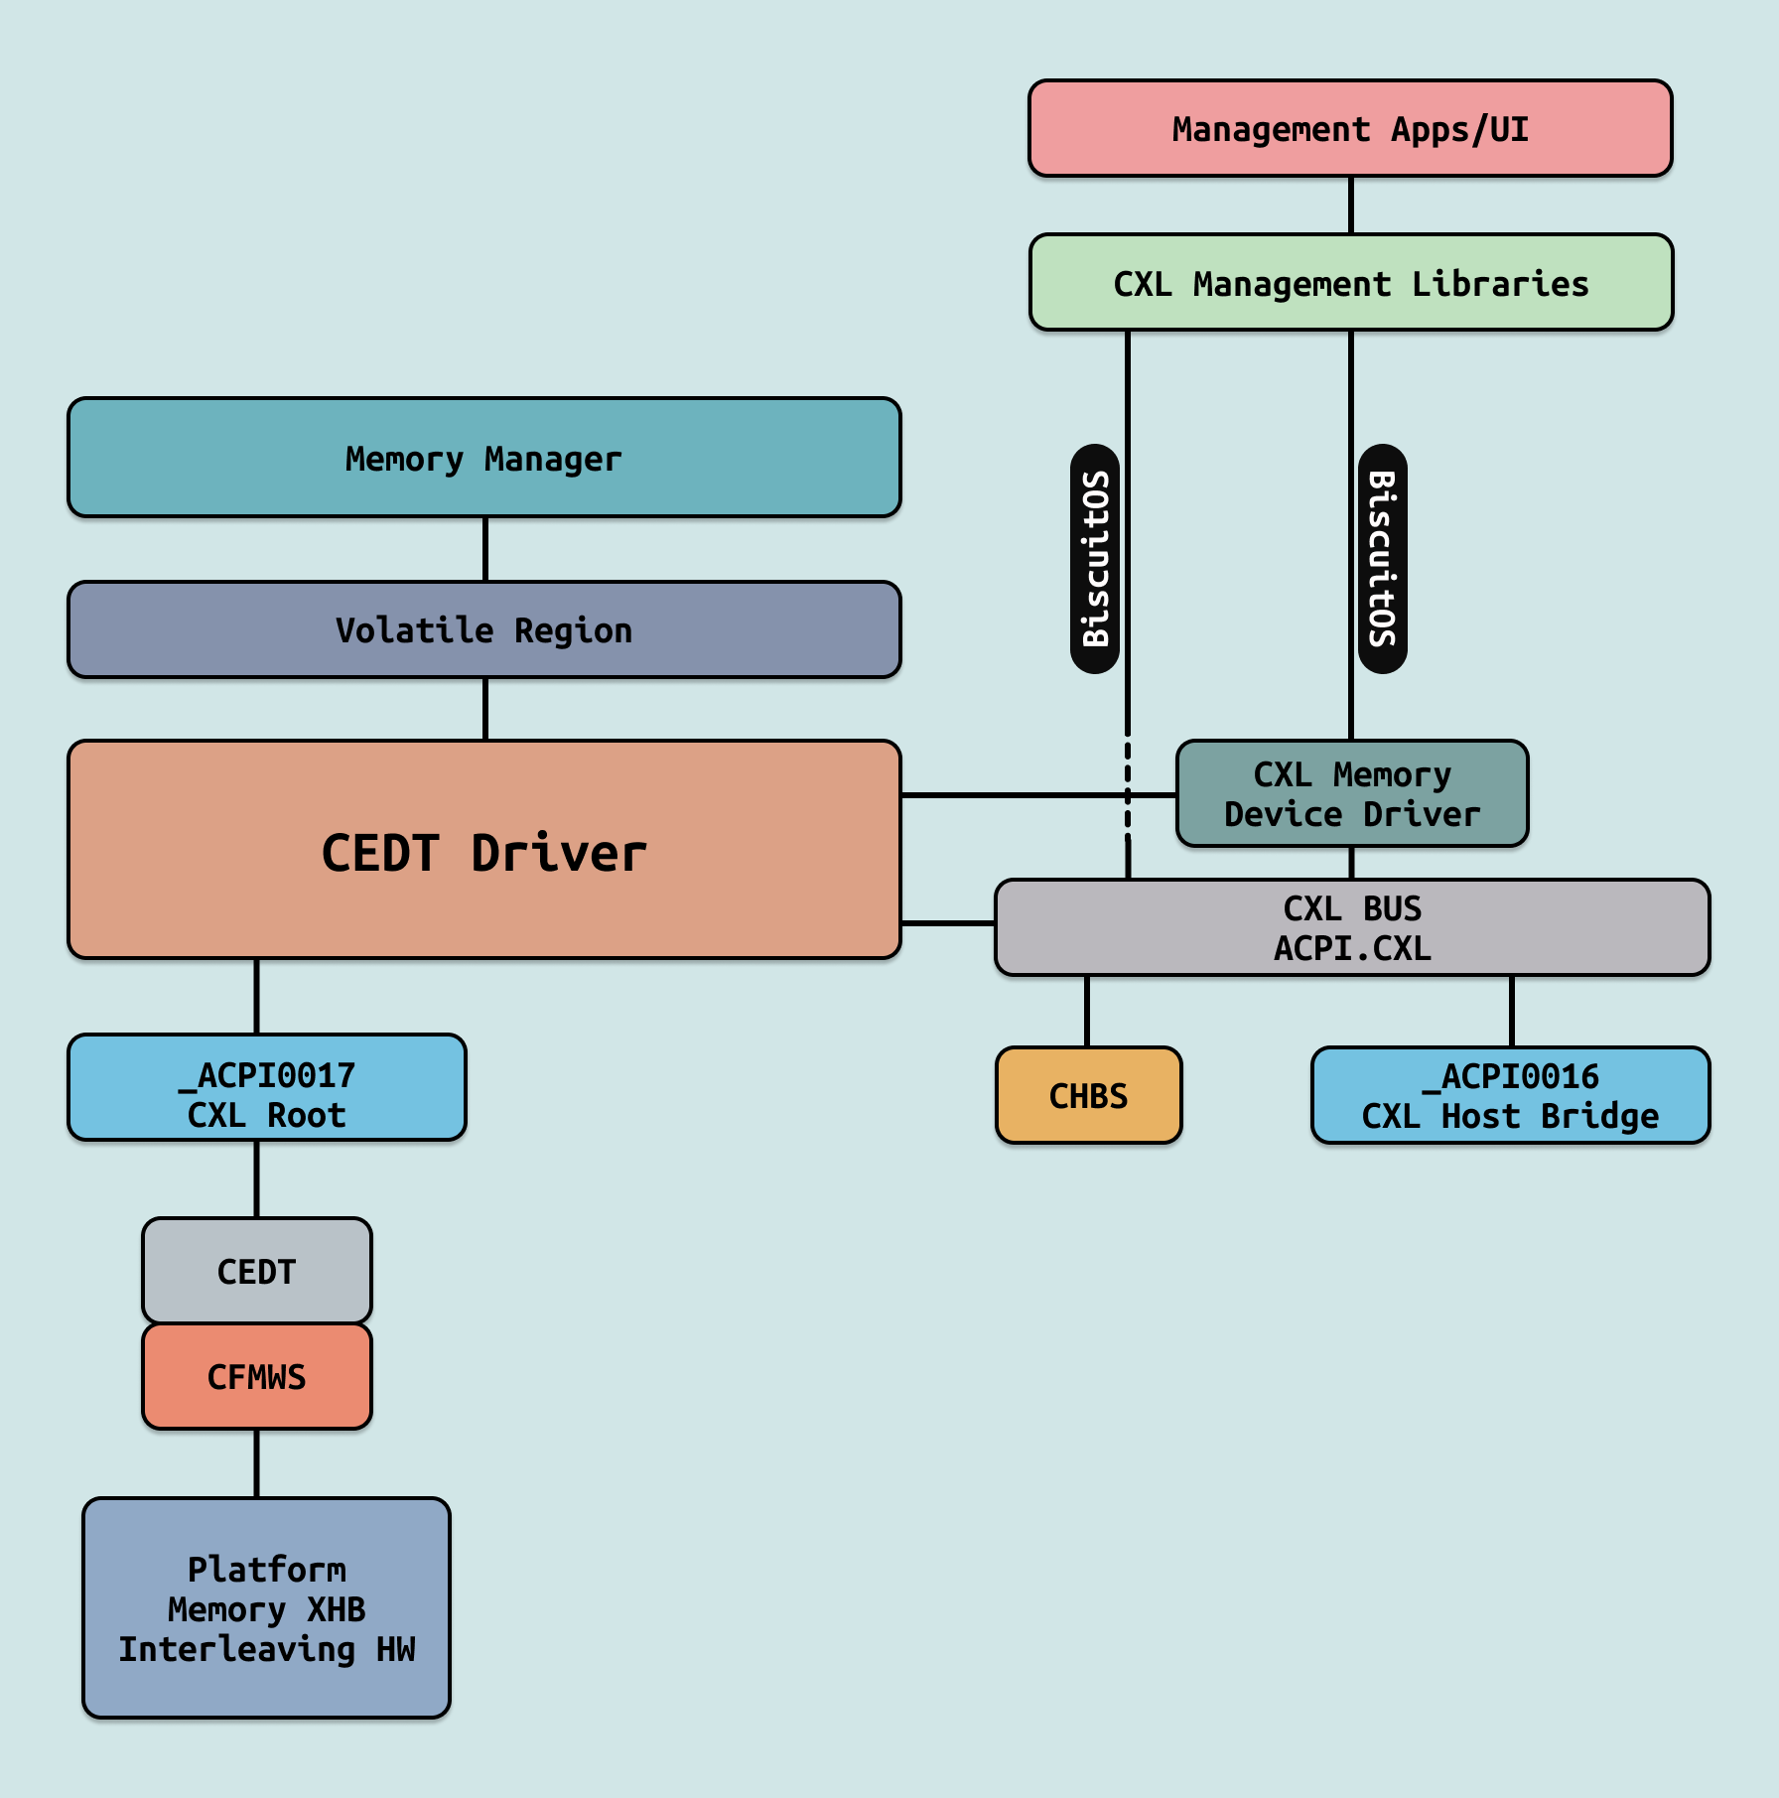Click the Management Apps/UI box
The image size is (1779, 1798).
point(1350,129)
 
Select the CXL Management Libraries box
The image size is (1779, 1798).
point(1350,283)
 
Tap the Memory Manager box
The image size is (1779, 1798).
point(483,458)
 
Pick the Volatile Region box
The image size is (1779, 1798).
point(483,629)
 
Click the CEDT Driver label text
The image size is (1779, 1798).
point(483,853)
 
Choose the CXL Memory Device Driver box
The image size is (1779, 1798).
point(1351,793)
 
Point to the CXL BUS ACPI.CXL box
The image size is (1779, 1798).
point(1351,927)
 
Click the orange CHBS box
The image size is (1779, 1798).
point(1088,1095)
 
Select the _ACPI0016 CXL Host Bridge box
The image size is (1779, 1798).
point(1510,1095)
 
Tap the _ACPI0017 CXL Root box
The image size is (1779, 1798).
point(266,1087)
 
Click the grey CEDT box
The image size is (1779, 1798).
point(256,1271)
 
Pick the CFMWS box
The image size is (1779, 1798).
point(256,1376)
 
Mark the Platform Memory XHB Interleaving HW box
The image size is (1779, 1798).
point(266,1607)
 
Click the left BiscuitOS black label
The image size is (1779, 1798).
point(1095,559)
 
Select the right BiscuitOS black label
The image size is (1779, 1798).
point(1382,559)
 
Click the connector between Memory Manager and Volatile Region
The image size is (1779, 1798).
point(484,549)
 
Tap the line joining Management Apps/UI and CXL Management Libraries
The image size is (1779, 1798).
point(1350,206)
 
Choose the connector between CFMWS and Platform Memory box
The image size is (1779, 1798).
point(256,1463)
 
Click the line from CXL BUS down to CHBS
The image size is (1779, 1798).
point(1087,1011)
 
